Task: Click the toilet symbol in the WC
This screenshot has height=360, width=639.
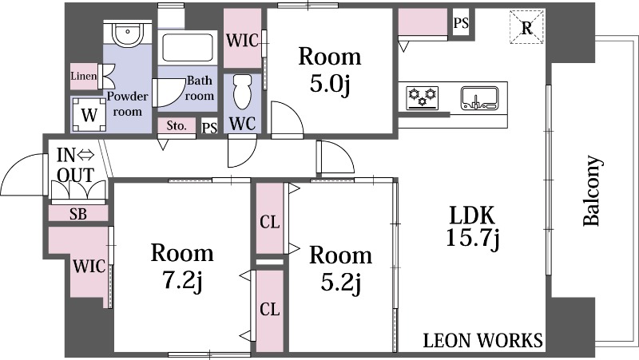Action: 243,92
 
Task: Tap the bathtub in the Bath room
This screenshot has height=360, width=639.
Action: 188,48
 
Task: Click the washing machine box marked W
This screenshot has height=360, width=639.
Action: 89,115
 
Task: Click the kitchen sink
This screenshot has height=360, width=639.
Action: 480,98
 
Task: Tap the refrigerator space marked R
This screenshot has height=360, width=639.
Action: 527,27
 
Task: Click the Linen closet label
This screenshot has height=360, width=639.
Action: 84,76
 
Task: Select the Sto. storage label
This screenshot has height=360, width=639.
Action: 177,126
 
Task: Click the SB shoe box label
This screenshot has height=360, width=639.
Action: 77,214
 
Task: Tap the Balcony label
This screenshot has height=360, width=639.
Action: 592,191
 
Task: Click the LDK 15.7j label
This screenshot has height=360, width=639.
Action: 473,227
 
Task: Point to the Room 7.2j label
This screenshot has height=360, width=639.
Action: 182,267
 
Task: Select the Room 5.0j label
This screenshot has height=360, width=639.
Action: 330,70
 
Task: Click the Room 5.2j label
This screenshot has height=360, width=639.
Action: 341,269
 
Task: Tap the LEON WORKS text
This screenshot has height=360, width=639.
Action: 483,340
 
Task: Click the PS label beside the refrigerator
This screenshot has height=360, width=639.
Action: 461,23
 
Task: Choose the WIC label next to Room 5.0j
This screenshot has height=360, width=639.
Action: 243,41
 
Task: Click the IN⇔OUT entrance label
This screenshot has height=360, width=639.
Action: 76,165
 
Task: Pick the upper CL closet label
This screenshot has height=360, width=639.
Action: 270,223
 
